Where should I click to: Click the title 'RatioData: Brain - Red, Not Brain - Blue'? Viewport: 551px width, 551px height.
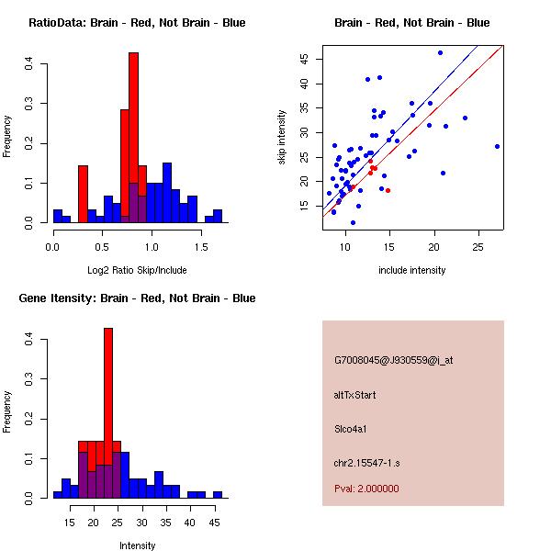coord(137,22)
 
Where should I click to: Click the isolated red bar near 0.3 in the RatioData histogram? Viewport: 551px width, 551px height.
coord(83,193)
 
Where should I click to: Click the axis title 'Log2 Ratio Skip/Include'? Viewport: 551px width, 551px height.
coord(137,270)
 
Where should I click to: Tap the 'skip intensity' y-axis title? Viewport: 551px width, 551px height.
coord(283,138)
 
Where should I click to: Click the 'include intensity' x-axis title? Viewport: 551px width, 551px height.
coord(412,270)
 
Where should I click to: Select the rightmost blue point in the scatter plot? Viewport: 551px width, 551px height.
coord(497,146)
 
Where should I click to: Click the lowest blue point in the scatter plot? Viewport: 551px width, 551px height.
coord(353,222)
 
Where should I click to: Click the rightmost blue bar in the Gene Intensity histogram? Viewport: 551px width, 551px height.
coord(218,494)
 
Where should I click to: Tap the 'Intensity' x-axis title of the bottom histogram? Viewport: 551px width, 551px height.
coord(137,545)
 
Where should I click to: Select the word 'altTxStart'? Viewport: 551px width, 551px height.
coord(355,395)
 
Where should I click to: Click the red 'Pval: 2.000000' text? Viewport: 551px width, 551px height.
coord(366,489)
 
